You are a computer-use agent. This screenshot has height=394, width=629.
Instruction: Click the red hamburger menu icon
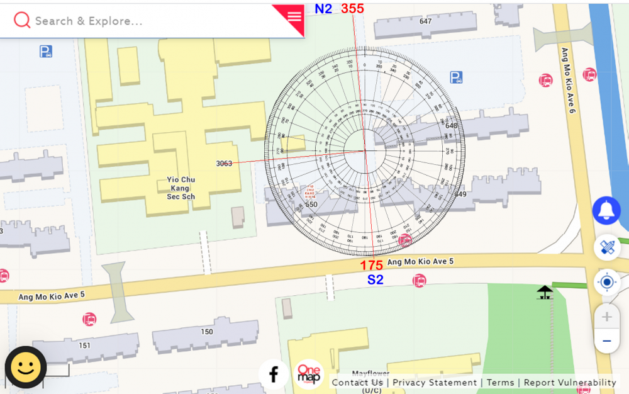tap(294, 17)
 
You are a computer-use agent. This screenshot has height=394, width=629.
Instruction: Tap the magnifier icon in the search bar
tap(22, 20)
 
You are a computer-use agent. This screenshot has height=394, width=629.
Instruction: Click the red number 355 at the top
tap(352, 9)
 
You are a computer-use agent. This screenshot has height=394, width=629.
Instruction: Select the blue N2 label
tap(323, 9)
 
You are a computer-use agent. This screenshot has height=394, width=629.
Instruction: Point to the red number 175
tap(371, 266)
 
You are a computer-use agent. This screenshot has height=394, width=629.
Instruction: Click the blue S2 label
tap(375, 280)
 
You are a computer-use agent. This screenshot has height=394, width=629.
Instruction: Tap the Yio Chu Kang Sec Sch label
tap(181, 188)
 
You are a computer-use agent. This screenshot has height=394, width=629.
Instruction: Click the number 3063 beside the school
tap(224, 164)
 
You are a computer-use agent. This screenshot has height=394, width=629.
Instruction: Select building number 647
tap(426, 21)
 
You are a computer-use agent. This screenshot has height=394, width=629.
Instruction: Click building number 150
tap(206, 332)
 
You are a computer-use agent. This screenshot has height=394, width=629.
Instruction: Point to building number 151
tap(84, 345)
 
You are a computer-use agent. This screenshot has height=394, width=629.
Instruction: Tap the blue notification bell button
tap(606, 210)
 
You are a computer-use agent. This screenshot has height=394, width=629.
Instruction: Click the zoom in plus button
tap(606, 317)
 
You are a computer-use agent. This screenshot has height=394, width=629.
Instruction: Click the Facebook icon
tap(274, 374)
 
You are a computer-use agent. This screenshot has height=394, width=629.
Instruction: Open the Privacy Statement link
tap(435, 383)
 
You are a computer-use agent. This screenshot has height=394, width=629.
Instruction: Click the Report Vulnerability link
tap(570, 383)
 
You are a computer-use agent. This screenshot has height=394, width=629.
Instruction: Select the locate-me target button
tap(606, 282)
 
